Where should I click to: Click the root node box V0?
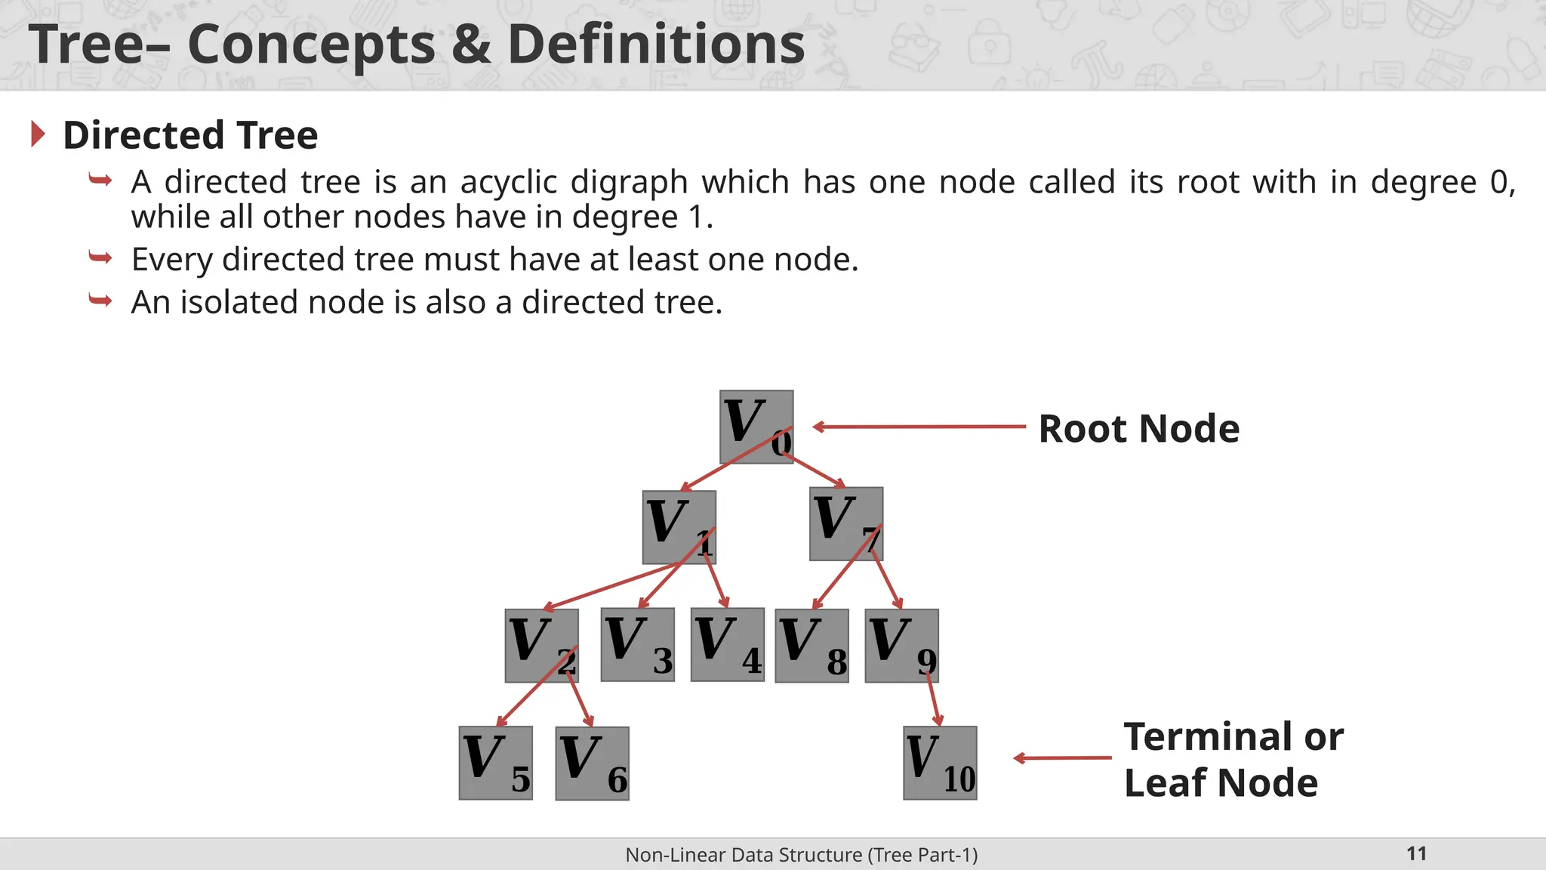[x=756, y=427]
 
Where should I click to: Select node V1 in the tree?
[x=679, y=526]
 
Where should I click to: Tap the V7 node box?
[x=845, y=523]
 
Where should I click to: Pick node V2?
[x=541, y=646]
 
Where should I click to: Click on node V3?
[x=637, y=644]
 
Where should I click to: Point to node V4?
[x=727, y=644]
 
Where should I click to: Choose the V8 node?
[x=811, y=646]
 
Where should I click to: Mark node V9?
[x=901, y=646]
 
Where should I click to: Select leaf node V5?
[x=495, y=763]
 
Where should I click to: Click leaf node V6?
[x=592, y=764]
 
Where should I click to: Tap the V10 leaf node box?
[x=940, y=763]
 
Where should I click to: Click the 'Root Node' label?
[x=1138, y=429]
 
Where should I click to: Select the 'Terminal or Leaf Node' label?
[x=1233, y=759]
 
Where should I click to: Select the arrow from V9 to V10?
[x=934, y=699]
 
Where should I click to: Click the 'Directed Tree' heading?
[x=190, y=135]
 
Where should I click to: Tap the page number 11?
[x=1416, y=853]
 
